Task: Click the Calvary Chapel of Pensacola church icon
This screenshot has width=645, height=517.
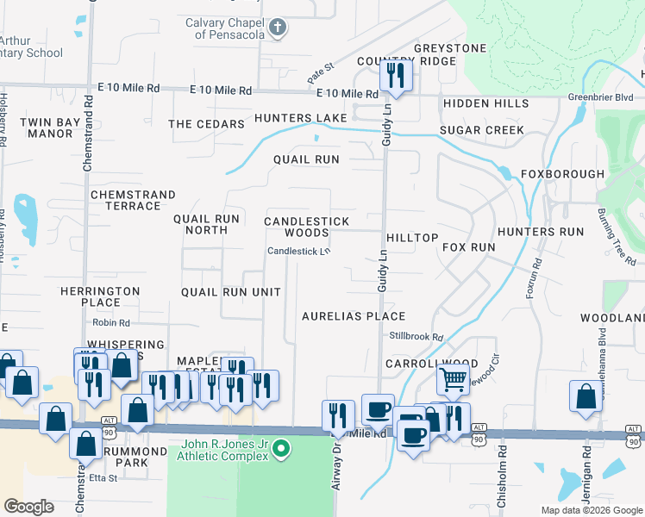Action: (278, 28)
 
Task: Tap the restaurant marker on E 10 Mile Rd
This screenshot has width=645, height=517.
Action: (396, 76)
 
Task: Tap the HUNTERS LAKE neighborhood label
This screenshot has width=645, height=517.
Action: (300, 117)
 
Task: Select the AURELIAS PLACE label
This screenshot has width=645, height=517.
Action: (354, 316)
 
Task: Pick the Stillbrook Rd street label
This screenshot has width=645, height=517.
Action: (416, 337)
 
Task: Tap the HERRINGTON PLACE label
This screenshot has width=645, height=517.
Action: (100, 296)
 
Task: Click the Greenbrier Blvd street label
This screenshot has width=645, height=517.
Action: (613, 97)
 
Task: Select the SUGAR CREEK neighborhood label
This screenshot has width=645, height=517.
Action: (481, 130)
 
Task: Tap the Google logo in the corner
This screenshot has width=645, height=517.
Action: (29, 506)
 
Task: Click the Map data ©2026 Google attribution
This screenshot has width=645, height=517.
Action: (591, 510)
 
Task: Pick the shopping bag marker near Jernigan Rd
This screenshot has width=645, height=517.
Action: (586, 396)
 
